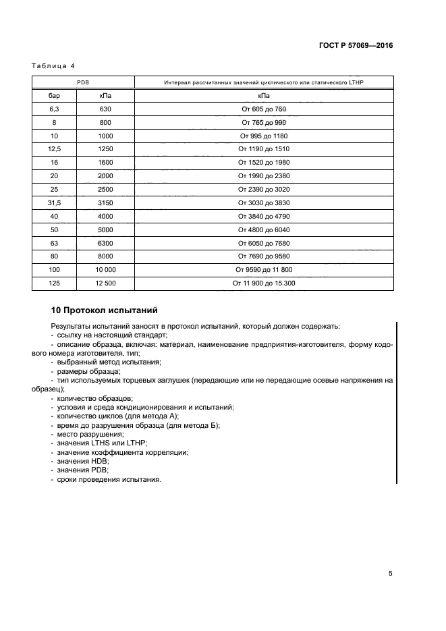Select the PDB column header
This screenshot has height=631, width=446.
(83, 82)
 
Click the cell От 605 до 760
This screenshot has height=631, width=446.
(264, 109)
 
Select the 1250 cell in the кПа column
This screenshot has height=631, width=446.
(105, 148)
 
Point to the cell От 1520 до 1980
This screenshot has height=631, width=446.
(264, 162)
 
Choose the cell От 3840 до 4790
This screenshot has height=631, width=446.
(264, 216)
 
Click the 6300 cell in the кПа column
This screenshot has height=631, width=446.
(105, 243)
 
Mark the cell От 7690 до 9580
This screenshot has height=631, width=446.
(264, 256)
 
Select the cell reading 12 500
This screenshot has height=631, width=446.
(105, 283)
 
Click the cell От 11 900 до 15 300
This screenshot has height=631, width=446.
(264, 283)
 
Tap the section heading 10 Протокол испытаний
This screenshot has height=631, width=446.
(105, 311)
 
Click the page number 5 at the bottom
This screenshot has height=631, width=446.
(390, 574)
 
